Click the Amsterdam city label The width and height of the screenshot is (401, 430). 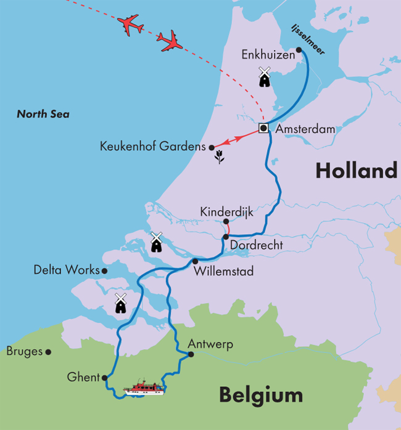305,129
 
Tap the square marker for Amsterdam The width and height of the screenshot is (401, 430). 263,128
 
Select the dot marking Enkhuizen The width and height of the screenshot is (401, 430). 299,50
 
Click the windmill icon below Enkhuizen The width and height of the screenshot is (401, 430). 265,77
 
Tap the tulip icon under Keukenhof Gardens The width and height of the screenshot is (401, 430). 218,159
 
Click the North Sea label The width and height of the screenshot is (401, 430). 43,114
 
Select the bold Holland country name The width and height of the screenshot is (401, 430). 356,171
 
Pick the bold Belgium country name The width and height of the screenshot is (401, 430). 261,394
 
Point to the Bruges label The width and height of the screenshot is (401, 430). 25,352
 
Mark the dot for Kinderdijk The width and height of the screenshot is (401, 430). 226,221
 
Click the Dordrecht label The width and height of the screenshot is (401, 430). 256,245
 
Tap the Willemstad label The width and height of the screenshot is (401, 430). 223,271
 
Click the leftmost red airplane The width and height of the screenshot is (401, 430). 130,25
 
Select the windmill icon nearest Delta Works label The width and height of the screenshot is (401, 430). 120,303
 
